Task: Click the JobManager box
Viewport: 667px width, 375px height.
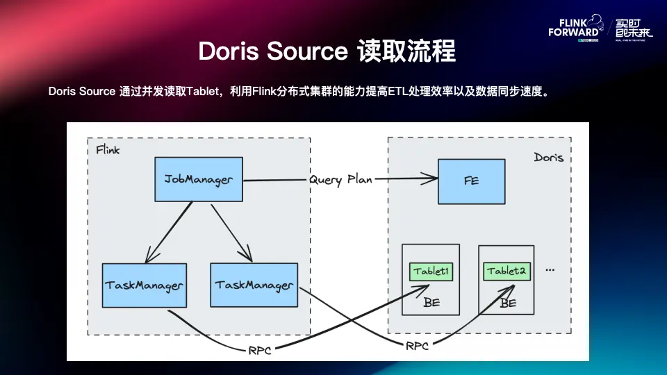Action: coord(198,180)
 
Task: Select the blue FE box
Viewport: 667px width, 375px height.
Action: coord(471,181)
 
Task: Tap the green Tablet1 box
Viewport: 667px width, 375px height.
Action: coord(431,271)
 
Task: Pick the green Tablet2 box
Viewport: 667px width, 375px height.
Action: coord(506,271)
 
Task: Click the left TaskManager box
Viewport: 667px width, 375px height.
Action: coord(144,285)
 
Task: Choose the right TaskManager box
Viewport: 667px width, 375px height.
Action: coord(254,285)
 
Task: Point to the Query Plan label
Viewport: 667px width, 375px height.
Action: coord(340,179)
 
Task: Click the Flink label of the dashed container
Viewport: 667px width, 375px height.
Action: coord(107,150)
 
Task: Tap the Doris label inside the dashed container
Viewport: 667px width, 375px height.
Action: coord(548,158)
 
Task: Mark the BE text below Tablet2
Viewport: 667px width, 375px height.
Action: coord(508,303)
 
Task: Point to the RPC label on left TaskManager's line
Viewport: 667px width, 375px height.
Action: coord(260,350)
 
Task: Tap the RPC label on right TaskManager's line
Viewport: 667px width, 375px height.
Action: coord(418,344)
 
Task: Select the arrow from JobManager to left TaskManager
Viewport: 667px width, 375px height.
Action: coord(168,232)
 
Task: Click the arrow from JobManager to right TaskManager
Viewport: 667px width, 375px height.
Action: coord(231,232)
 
